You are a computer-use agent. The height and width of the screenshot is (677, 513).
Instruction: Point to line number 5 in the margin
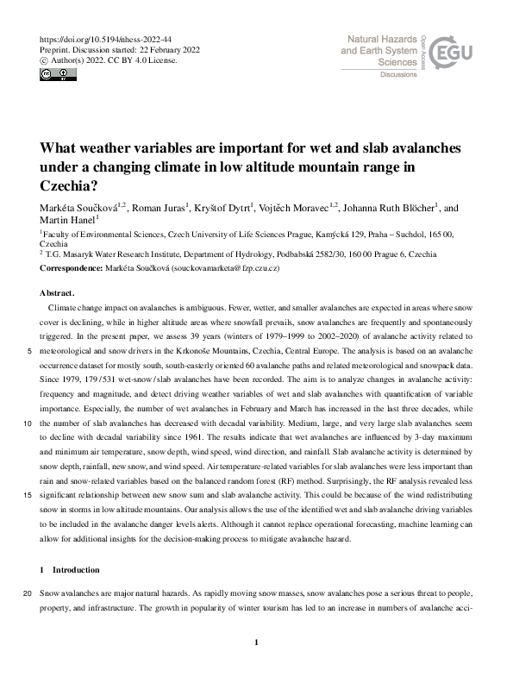click(31, 351)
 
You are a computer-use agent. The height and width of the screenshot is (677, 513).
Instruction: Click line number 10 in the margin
click(28, 423)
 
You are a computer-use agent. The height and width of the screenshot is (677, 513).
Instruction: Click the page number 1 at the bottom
click(257, 642)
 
